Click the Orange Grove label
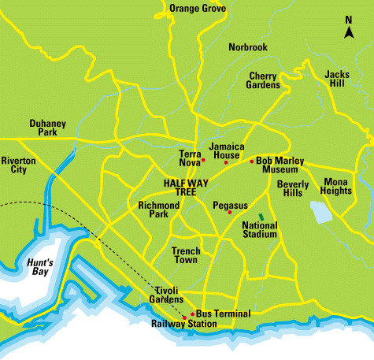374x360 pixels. [198, 9]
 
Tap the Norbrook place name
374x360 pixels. [248, 47]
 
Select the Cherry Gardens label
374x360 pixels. [264, 80]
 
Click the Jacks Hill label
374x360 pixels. [337, 79]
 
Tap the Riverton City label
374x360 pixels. [19, 165]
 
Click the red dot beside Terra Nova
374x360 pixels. [203, 161]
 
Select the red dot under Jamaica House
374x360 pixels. [226, 163]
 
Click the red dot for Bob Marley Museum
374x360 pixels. [251, 161]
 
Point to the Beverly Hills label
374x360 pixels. [294, 188]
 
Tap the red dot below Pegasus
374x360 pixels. [229, 213]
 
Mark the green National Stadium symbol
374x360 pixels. [261, 216]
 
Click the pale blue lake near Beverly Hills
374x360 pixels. [320, 211]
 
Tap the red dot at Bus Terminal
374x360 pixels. [192, 314]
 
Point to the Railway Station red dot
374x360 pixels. [184, 318]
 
